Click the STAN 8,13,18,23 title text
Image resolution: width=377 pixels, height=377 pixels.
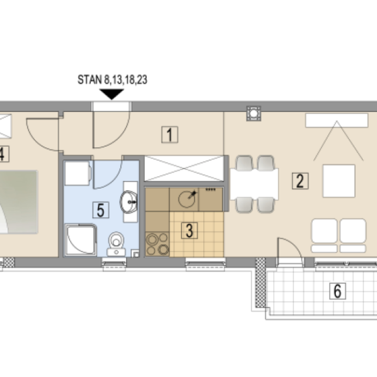(113, 80)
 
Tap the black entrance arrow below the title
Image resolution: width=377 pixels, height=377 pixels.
(111, 94)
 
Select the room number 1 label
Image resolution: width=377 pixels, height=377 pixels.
(170, 135)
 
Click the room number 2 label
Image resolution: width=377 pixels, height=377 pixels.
(300, 181)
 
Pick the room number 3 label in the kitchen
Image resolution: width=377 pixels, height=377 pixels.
(190, 230)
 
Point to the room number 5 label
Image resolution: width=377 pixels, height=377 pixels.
(101, 210)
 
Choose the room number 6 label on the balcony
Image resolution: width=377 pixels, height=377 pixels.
(338, 291)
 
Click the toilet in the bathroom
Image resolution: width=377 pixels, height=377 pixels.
(117, 244)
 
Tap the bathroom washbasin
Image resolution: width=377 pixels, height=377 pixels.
(129, 202)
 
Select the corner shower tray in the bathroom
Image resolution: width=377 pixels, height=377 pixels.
(81, 240)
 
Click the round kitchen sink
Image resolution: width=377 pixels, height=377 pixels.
(187, 199)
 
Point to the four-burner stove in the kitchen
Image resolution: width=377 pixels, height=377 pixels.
(157, 244)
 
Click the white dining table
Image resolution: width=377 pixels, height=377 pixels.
(254, 184)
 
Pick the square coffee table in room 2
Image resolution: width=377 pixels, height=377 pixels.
(339, 181)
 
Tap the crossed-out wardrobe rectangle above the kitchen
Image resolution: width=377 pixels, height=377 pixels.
(184, 168)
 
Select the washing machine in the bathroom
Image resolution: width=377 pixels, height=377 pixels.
(78, 173)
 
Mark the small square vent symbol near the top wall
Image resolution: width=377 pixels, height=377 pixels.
(254, 113)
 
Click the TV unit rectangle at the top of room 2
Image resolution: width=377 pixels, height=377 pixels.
(336, 120)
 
